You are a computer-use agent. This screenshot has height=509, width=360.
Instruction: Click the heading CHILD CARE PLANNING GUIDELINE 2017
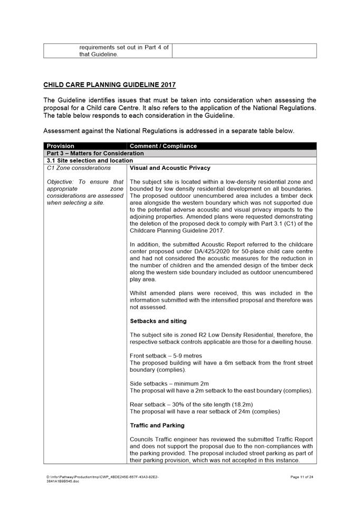click(109, 84)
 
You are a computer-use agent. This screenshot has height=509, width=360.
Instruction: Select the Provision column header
click(60, 146)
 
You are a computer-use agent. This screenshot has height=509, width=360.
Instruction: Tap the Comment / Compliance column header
click(163, 146)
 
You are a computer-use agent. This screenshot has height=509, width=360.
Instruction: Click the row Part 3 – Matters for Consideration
click(95, 153)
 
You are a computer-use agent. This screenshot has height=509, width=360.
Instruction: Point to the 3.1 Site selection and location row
click(90, 160)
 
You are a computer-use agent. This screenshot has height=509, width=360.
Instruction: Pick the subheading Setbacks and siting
click(158, 321)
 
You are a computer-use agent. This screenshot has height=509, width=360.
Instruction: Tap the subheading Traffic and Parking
click(157, 425)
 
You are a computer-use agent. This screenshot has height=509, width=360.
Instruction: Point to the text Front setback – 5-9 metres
click(166, 356)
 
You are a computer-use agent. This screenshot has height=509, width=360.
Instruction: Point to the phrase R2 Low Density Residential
click(228, 335)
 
